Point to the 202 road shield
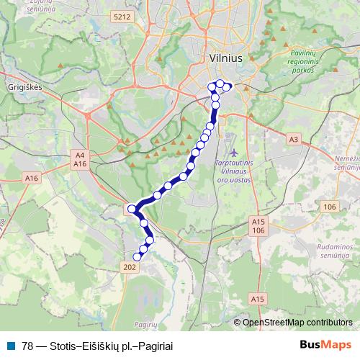pyautogui.click(x=130, y=267)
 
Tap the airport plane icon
pyautogui.click(x=234, y=153)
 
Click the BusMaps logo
pyautogui.click(x=325, y=345)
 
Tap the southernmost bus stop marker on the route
pyautogui.click(x=138, y=256)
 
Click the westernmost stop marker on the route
pyautogui.click(x=132, y=209)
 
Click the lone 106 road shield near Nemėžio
pyautogui.click(x=330, y=207)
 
